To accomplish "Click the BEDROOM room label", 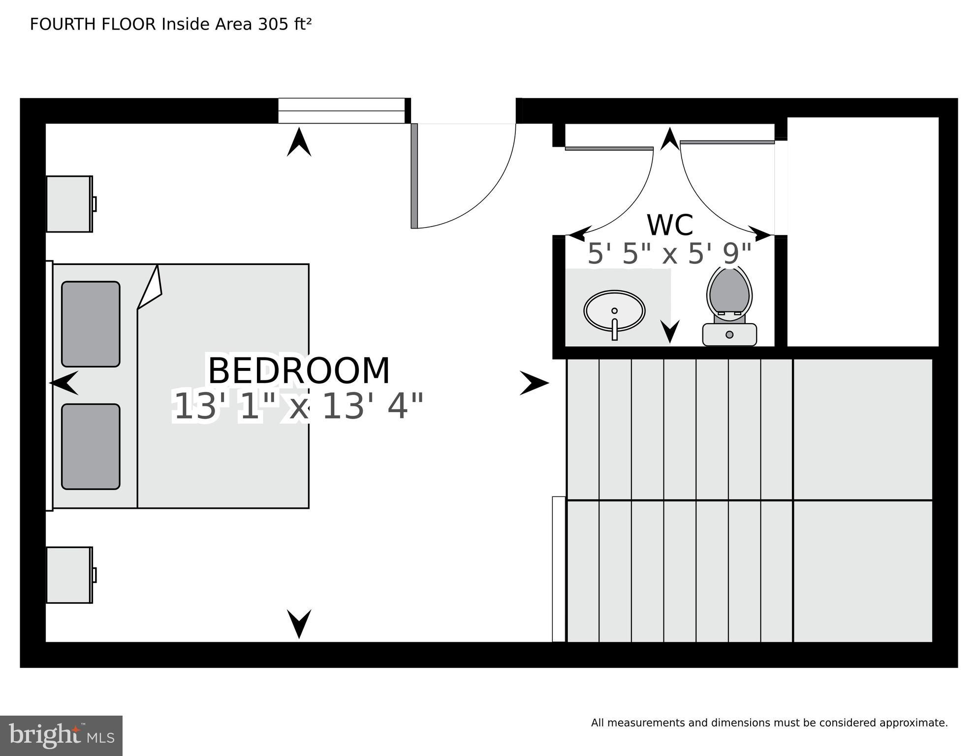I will click(299, 371).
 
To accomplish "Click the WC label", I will click(670, 225).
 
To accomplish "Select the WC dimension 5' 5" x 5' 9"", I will click(669, 254).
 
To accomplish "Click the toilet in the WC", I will click(729, 305).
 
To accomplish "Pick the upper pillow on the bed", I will click(91, 324).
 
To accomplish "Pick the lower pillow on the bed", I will click(91, 446).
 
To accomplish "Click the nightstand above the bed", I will click(69, 204).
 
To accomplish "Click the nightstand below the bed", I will click(69, 575).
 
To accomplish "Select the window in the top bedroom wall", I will click(341, 111).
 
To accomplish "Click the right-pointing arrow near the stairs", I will click(534, 383).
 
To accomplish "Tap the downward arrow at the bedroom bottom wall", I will click(299, 623).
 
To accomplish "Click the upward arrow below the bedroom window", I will click(299, 142).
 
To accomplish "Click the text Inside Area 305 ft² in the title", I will click(237, 24).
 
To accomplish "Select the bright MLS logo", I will click(61, 736).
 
